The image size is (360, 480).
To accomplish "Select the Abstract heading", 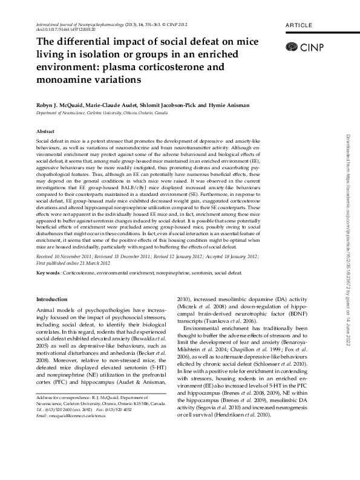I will [46, 131].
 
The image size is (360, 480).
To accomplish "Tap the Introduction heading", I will [53, 299].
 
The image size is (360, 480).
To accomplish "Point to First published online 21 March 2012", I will [75, 264].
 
